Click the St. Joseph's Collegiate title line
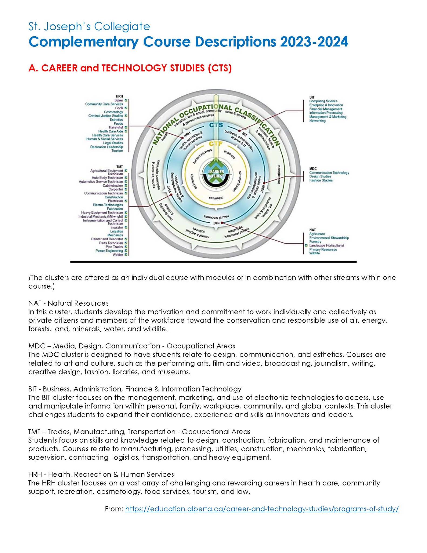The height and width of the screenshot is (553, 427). (89, 27)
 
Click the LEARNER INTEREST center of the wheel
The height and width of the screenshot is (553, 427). (216, 174)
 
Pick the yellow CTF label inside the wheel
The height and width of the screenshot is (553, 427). (216, 144)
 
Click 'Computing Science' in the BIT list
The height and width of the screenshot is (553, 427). (323, 101)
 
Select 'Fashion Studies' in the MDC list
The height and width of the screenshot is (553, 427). (321, 180)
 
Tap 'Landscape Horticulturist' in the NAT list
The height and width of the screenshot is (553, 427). (327, 246)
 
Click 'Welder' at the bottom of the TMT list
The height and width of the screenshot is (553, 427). (118, 255)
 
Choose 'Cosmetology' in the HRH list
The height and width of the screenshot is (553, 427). (113, 112)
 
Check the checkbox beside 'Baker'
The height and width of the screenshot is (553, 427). (126, 100)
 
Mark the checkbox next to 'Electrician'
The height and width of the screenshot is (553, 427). (126, 201)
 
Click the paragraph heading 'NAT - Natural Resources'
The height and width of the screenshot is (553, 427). (69, 303)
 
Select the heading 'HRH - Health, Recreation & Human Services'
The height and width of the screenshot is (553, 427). (101, 474)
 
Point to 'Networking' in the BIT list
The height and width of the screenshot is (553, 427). (317, 121)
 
